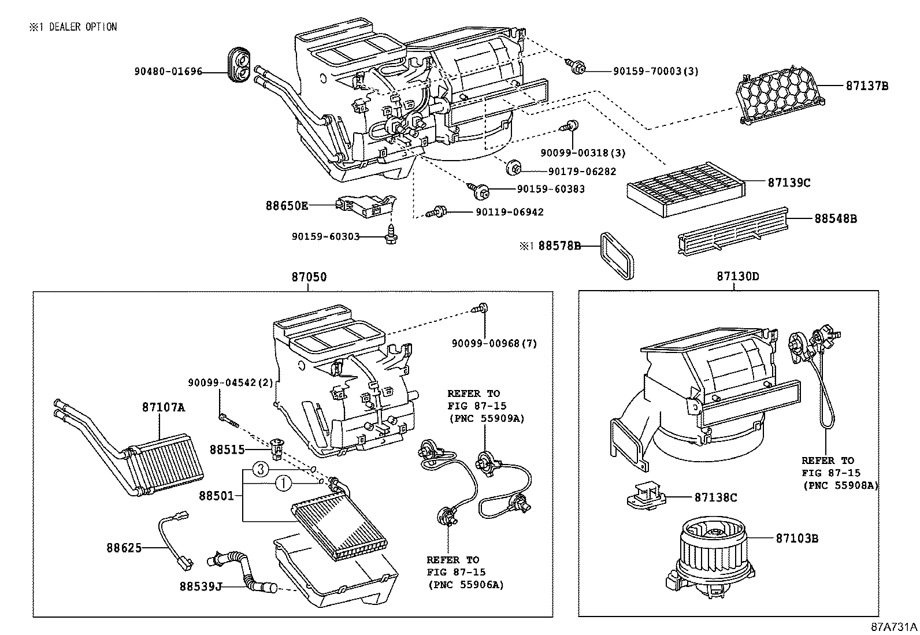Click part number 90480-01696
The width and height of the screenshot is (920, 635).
(x=168, y=72)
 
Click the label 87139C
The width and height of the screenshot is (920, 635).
(x=789, y=183)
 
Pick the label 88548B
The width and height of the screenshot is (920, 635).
(x=835, y=218)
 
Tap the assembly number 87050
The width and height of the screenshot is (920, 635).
(x=309, y=277)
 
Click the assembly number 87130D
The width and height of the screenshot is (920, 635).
(x=738, y=276)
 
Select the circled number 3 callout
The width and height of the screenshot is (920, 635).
(x=262, y=470)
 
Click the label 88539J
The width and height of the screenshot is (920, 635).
(x=201, y=586)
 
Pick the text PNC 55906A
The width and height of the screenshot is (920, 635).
(x=466, y=585)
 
